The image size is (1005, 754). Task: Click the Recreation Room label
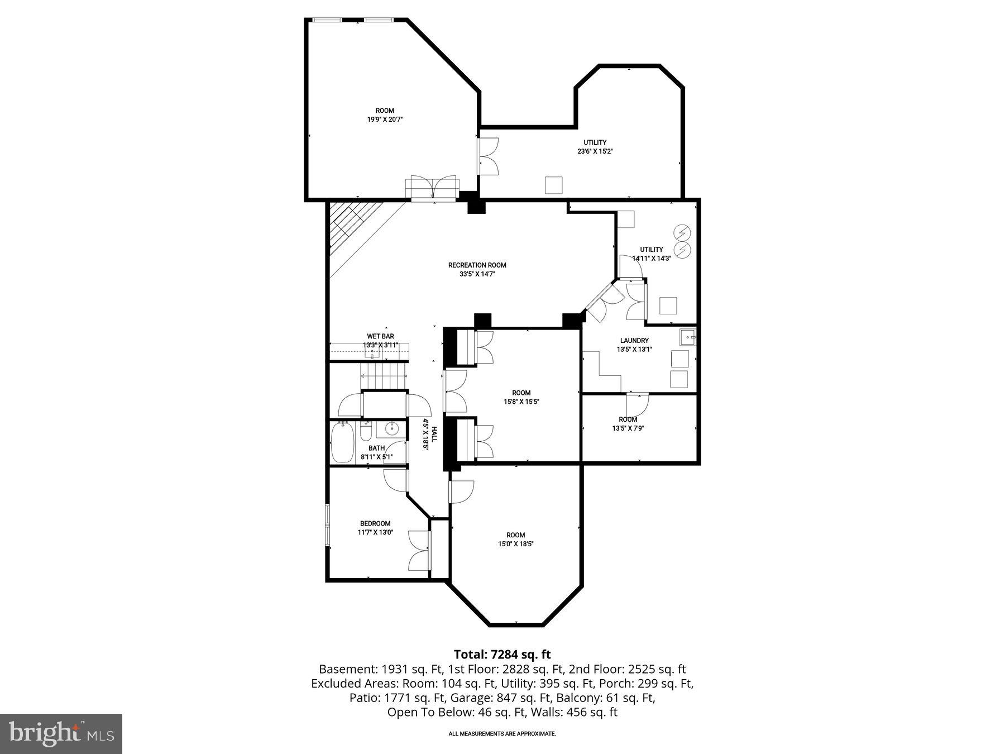(x=477, y=265)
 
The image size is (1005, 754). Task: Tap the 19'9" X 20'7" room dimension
(x=385, y=120)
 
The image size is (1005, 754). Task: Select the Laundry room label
(x=634, y=341)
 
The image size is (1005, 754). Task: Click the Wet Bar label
(x=380, y=336)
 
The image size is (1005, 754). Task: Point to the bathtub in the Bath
(x=342, y=443)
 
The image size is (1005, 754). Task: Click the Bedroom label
(x=375, y=523)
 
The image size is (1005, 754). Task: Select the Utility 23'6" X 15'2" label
(x=595, y=143)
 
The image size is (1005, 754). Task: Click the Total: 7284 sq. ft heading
(x=502, y=654)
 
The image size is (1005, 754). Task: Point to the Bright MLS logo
(x=61, y=733)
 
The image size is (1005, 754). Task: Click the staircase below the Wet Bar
(x=384, y=375)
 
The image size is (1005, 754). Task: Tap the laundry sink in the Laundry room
(x=688, y=337)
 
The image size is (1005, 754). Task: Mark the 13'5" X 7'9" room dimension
(x=628, y=428)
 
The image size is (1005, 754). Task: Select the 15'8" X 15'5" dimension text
(x=521, y=402)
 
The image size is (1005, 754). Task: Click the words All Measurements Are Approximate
(x=502, y=734)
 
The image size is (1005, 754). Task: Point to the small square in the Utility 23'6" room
(x=553, y=185)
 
